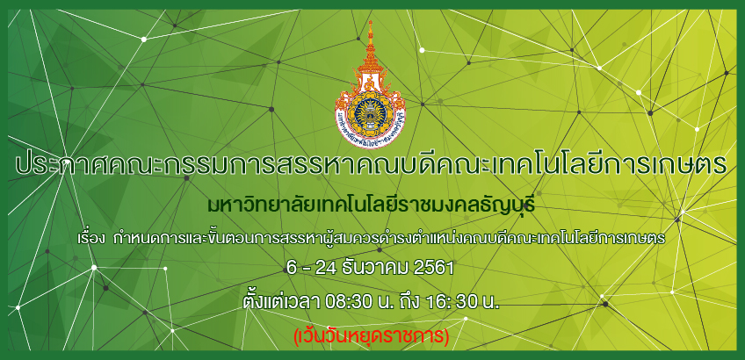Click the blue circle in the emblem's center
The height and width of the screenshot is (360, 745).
click(x=370, y=112)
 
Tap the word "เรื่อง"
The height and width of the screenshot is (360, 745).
click(x=91, y=238)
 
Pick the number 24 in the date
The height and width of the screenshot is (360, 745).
click(x=328, y=269)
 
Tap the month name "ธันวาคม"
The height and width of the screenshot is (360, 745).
click(x=375, y=269)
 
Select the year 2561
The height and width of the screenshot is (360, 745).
click(x=433, y=269)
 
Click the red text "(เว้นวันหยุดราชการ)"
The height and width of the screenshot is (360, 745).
click(x=372, y=336)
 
